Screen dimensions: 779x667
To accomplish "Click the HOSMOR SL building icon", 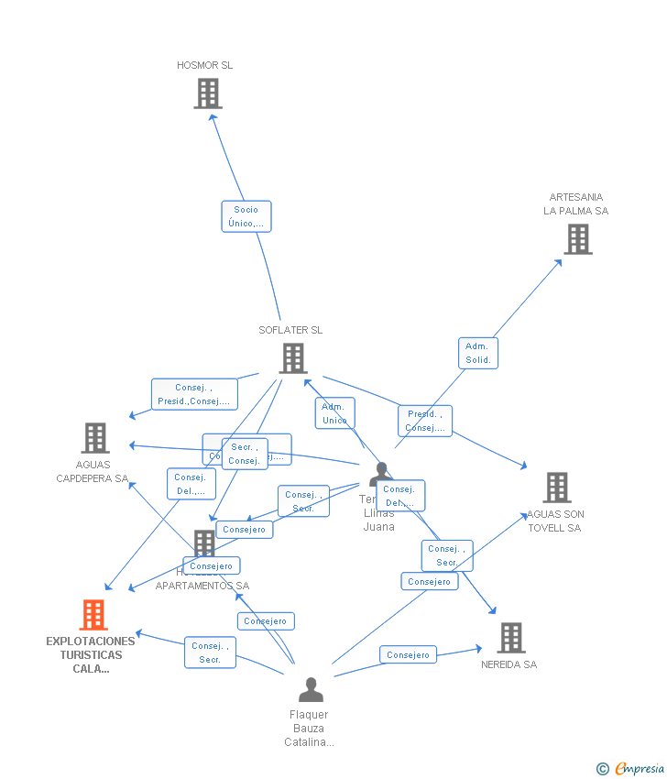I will pyautogui.click(x=208, y=93).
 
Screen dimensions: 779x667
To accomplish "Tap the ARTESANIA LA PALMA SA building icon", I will pyautogui.click(x=577, y=239).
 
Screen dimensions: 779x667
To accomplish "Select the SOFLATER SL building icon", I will pyautogui.click(x=292, y=358).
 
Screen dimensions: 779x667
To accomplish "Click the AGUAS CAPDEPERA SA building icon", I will pyautogui.click(x=94, y=438).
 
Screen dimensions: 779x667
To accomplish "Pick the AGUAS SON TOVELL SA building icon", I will pyautogui.click(x=557, y=488).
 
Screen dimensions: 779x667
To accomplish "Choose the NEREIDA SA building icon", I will pyautogui.click(x=510, y=638).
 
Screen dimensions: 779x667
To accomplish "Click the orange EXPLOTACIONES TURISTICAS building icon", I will pyautogui.click(x=93, y=615).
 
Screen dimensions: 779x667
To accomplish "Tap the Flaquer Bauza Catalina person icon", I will pyautogui.click(x=311, y=690).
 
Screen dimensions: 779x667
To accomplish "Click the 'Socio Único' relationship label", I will pyautogui.click(x=246, y=216).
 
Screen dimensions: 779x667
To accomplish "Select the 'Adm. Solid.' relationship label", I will pyautogui.click(x=477, y=353).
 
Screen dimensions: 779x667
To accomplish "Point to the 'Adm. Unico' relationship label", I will pyautogui.click(x=334, y=413).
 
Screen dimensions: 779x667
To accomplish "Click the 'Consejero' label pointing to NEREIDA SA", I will pyautogui.click(x=408, y=654).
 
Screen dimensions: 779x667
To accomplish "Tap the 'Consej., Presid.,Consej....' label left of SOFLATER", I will pyautogui.click(x=194, y=394).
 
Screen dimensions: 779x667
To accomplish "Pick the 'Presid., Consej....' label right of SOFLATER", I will pyautogui.click(x=425, y=421).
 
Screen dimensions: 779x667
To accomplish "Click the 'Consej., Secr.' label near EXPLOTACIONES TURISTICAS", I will pyautogui.click(x=210, y=653).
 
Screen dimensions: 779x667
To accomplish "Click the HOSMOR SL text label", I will pyautogui.click(x=205, y=65).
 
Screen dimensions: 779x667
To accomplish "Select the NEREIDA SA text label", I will pyautogui.click(x=508, y=664).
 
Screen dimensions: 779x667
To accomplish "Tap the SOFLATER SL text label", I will pyautogui.click(x=290, y=330).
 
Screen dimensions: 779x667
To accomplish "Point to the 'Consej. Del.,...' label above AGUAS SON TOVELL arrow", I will pyautogui.click(x=400, y=496).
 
